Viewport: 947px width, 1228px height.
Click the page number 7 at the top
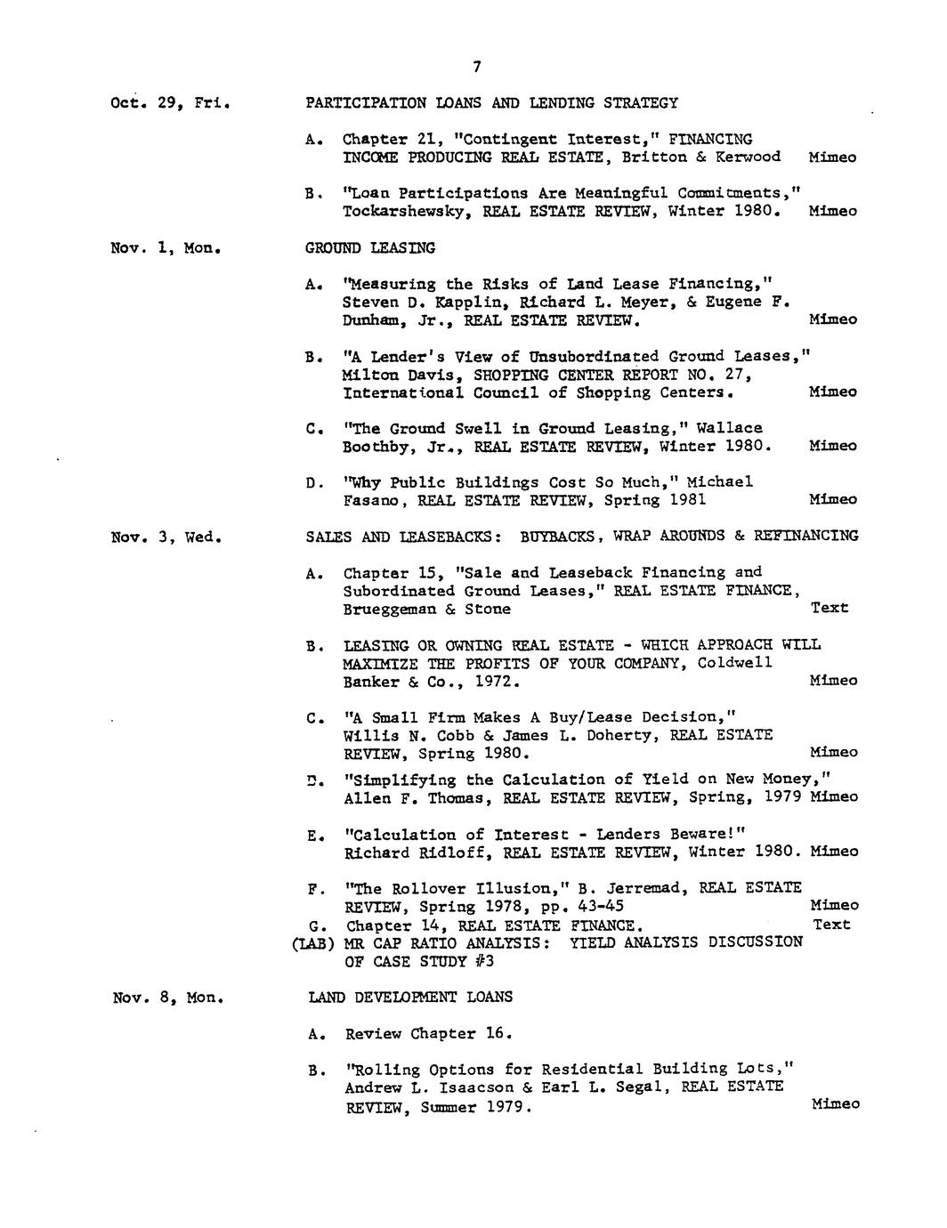pos(477,66)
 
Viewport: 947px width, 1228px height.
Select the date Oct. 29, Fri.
pos(171,103)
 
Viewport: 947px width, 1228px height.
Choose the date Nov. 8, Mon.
pos(167,998)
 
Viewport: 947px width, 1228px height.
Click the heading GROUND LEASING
pos(370,247)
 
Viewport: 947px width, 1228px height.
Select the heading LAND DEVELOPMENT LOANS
pos(410,998)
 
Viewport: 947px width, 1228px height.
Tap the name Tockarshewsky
pos(401,212)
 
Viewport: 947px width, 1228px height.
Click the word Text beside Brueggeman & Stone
pos(830,609)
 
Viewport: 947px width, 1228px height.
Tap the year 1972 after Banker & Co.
pos(494,683)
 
